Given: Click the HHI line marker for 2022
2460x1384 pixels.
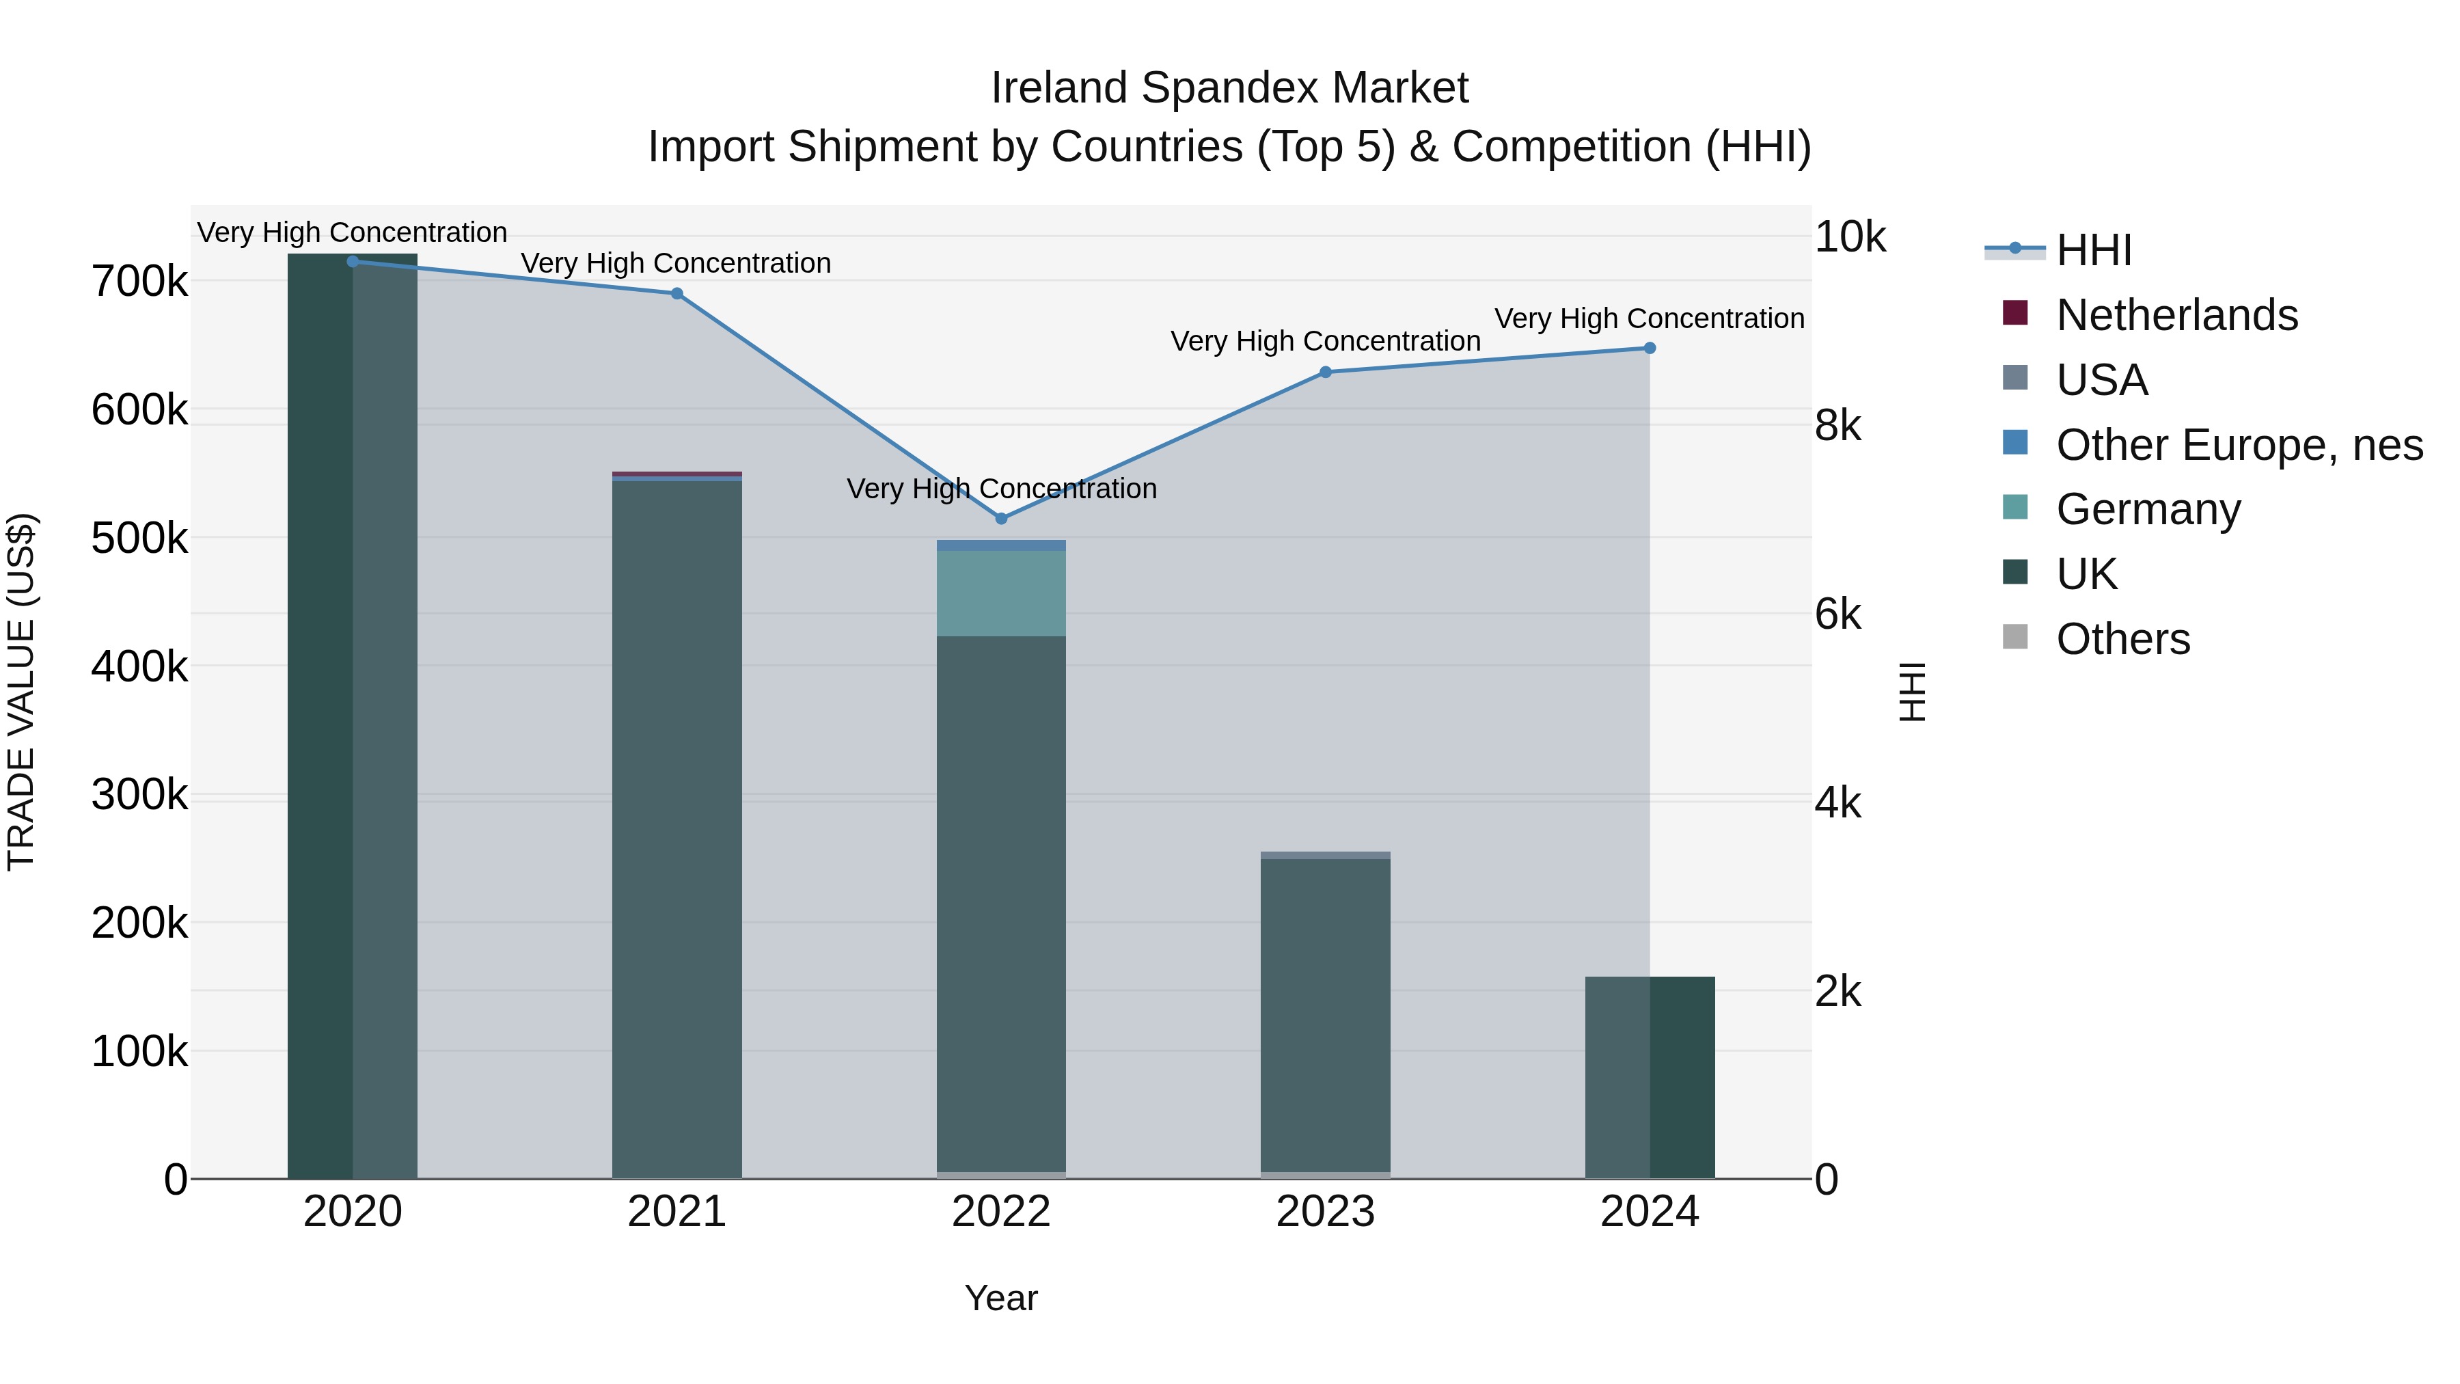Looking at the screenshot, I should (x=1001, y=519).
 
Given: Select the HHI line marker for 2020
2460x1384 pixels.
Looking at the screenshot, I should (x=353, y=262).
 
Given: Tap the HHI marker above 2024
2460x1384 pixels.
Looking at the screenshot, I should (x=1650, y=349).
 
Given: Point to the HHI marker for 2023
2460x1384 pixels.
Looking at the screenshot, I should (x=1326, y=372).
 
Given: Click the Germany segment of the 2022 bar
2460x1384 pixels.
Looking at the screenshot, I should (x=1001, y=593).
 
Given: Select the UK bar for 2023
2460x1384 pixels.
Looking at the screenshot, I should (x=1326, y=1012).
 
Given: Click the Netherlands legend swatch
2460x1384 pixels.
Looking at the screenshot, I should (x=2015, y=313).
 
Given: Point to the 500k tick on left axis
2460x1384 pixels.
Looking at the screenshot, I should (x=139, y=539).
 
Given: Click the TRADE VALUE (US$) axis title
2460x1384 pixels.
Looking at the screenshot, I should (x=21, y=692).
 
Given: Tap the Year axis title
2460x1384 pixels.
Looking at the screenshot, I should (x=1001, y=1298).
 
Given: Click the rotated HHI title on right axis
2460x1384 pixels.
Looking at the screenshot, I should (x=1912, y=692).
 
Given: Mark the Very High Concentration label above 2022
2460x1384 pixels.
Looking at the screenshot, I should (x=1001, y=489).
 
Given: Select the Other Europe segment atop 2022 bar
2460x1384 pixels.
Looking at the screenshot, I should (x=1001, y=545).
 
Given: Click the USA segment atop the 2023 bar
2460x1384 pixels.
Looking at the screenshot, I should (x=1326, y=855).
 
